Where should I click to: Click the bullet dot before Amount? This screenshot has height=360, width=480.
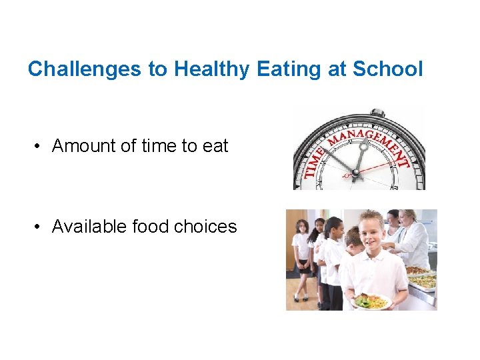(x=41, y=146)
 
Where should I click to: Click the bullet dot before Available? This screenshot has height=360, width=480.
(x=41, y=227)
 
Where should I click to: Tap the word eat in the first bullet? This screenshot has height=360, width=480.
(x=215, y=146)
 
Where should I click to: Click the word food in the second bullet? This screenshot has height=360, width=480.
(x=151, y=227)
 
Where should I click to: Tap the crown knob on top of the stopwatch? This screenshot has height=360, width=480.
(x=378, y=112)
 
